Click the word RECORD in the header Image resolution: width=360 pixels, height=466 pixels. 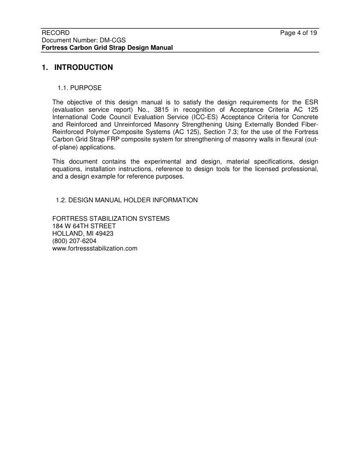click(56, 33)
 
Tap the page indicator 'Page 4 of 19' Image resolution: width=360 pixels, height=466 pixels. click(299, 33)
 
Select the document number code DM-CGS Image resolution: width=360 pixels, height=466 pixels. click(112, 40)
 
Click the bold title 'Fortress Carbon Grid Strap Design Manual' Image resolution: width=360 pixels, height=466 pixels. click(107, 48)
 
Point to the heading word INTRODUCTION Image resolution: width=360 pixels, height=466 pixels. click(84, 68)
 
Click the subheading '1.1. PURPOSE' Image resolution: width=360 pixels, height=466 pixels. click(79, 87)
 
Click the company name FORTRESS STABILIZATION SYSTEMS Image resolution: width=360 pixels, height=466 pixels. click(111, 219)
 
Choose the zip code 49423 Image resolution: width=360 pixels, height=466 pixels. click(104, 234)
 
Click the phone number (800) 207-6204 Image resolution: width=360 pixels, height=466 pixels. click(74, 241)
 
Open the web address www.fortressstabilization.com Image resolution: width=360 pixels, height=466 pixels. click(95, 248)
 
